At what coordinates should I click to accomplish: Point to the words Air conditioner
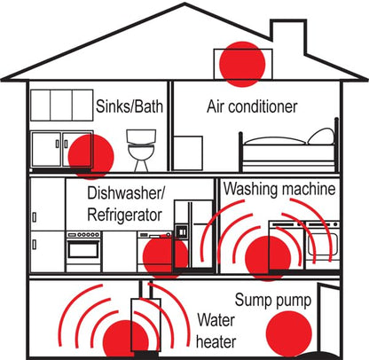(252, 107)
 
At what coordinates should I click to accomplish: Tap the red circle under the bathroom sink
(91, 156)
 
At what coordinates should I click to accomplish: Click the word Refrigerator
(124, 215)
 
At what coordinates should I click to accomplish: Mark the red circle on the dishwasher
(163, 256)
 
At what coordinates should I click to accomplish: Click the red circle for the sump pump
(290, 334)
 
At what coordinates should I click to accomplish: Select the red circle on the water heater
(124, 339)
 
